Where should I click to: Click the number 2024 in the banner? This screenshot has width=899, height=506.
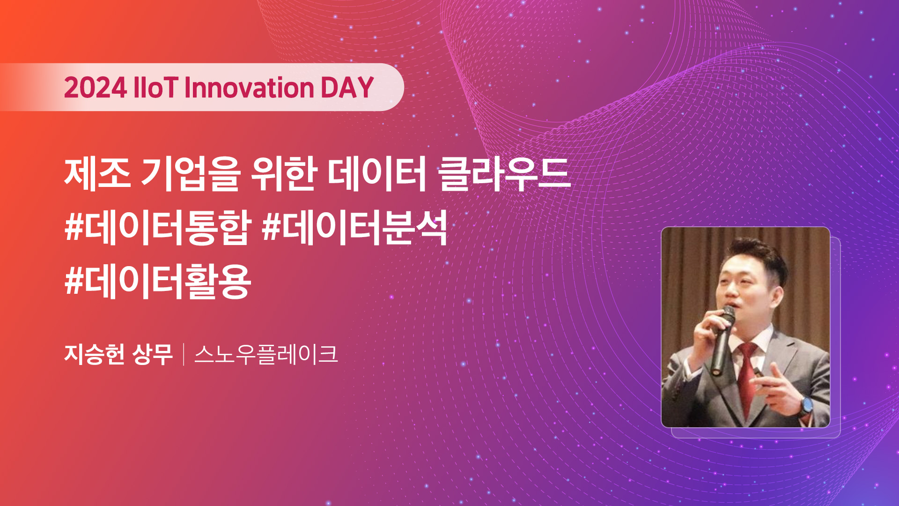(x=96, y=88)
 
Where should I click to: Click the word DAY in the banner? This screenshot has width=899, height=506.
(x=347, y=88)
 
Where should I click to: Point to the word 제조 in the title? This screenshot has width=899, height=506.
(x=97, y=174)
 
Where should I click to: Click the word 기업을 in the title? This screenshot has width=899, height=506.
(x=191, y=174)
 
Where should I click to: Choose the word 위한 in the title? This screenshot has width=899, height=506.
(x=283, y=174)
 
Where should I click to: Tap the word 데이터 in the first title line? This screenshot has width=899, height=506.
(x=376, y=174)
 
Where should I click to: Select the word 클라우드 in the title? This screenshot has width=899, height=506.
(x=504, y=174)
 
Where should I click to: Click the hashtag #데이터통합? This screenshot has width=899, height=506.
(x=158, y=228)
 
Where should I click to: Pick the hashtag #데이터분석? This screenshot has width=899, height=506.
(x=355, y=228)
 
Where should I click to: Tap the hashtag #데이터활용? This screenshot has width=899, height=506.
(x=158, y=282)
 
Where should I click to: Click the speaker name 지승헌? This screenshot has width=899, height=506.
(x=94, y=354)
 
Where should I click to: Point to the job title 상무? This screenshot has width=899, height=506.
(x=153, y=354)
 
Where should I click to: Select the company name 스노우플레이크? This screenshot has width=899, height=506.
(x=266, y=354)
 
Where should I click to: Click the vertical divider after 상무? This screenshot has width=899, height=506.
(x=184, y=355)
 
